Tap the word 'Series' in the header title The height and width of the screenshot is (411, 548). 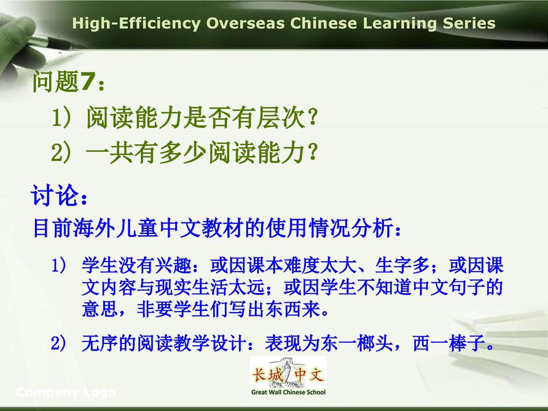click(469, 23)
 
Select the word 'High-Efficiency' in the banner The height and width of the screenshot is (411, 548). click(136, 24)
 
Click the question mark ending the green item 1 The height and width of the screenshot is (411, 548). click(313, 117)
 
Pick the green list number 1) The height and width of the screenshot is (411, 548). click(61, 117)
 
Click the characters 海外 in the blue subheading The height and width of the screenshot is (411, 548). click(94, 228)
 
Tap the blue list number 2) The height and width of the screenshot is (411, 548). click(58, 343)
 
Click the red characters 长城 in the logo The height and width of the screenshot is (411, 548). click(267, 375)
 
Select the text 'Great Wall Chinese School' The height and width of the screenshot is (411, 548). click(288, 392)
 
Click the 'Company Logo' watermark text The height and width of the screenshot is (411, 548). click(66, 393)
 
